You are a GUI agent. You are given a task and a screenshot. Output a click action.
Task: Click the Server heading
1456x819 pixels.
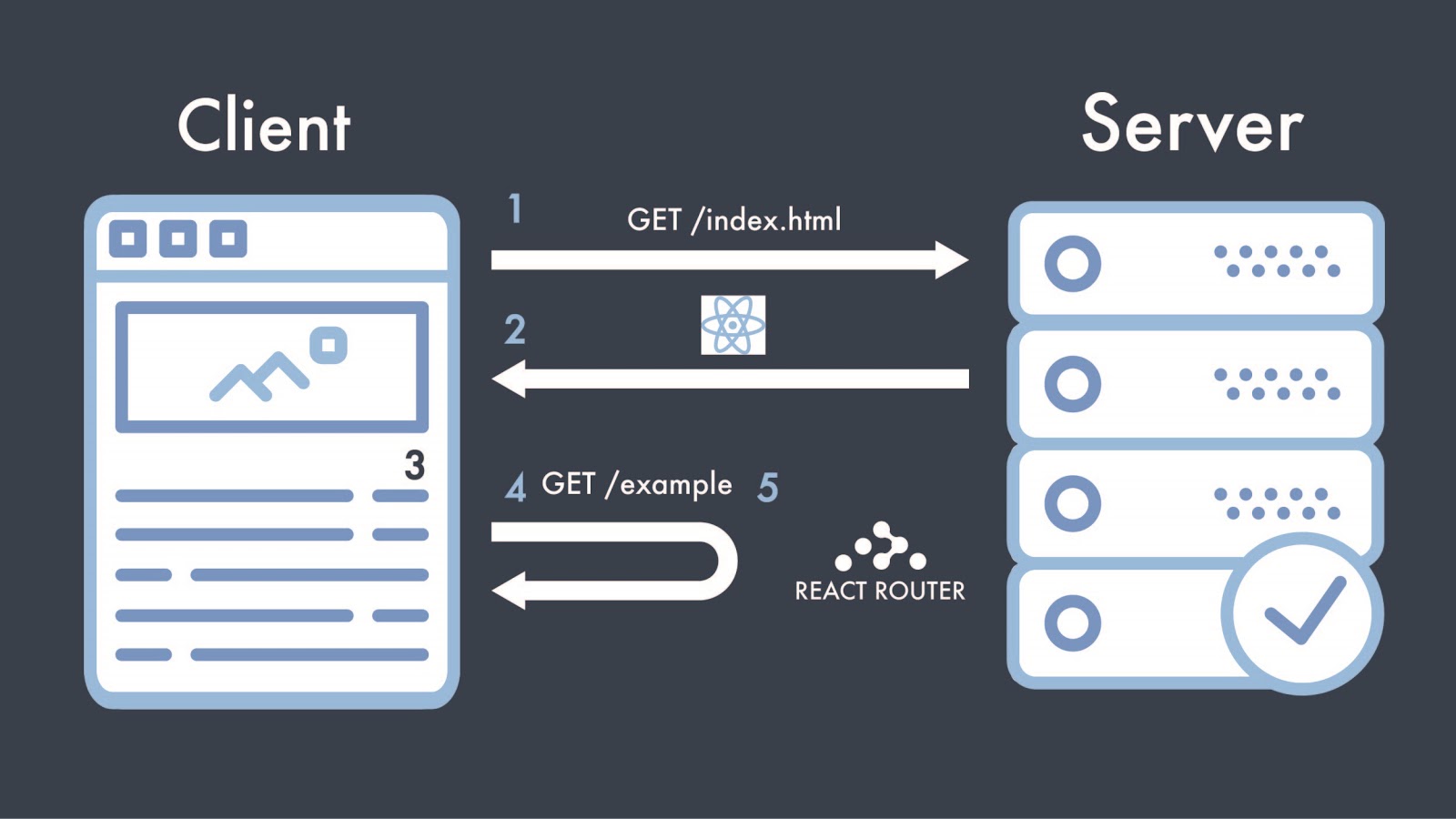1192,125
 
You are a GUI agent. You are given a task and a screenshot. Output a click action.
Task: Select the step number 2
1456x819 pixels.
515,329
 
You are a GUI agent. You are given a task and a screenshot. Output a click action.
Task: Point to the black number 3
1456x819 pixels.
415,465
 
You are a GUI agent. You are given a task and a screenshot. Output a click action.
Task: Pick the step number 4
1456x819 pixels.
516,487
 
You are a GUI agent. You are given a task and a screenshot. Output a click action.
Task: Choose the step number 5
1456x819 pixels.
768,488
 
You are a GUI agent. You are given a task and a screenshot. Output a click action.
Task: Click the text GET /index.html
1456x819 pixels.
733,220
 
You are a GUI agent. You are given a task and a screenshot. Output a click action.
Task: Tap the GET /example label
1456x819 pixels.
636,484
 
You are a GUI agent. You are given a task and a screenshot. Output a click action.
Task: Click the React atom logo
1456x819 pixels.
733,325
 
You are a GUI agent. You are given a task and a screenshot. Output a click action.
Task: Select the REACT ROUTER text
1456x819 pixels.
879,591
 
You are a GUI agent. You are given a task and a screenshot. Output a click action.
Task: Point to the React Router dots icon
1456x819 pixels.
880,546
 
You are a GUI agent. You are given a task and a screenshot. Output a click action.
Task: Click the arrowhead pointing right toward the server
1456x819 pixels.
951,260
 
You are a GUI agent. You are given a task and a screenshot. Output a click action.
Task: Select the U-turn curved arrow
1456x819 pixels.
710,562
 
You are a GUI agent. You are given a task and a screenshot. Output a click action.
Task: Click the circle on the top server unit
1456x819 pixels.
1073,264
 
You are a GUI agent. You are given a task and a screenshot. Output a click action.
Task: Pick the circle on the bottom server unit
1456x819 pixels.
1073,623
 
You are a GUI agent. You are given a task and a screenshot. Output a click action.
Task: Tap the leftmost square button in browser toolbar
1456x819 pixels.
128,239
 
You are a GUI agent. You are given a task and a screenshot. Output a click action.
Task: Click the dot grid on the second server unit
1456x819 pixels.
1277,384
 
